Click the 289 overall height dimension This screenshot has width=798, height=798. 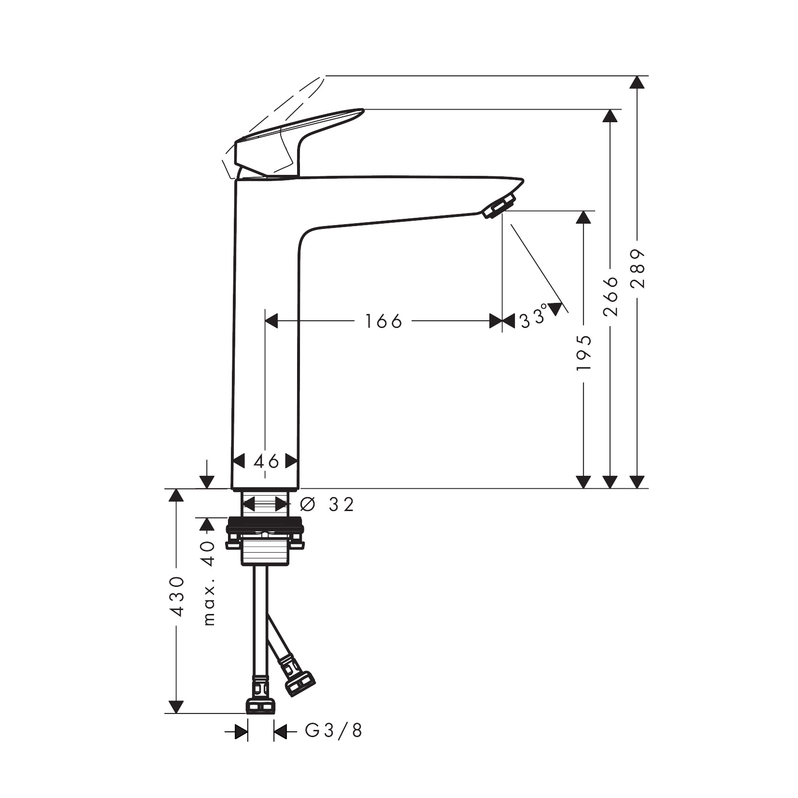[638, 269]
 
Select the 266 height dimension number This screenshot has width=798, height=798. [611, 296]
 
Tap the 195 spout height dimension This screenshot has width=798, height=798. [584, 353]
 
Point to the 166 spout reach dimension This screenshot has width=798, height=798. [383, 321]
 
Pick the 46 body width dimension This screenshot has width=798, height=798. [266, 461]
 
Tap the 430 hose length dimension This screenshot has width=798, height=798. [177, 597]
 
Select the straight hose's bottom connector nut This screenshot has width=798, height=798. [261, 706]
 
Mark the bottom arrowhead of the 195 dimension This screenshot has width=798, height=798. [584, 482]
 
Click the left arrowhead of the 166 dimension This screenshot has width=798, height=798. [271, 321]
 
